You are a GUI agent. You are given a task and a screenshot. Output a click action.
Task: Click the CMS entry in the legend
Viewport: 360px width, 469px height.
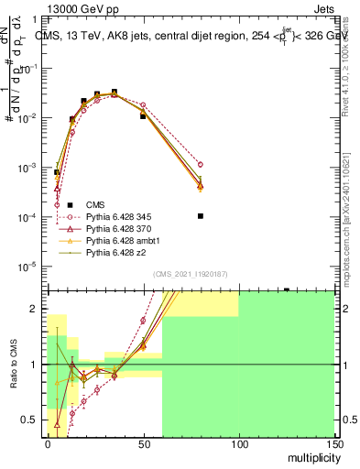95,204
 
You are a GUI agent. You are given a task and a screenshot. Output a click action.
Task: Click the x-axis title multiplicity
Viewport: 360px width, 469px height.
307,457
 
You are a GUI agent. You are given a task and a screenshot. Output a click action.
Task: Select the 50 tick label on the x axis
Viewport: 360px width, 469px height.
143,443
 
